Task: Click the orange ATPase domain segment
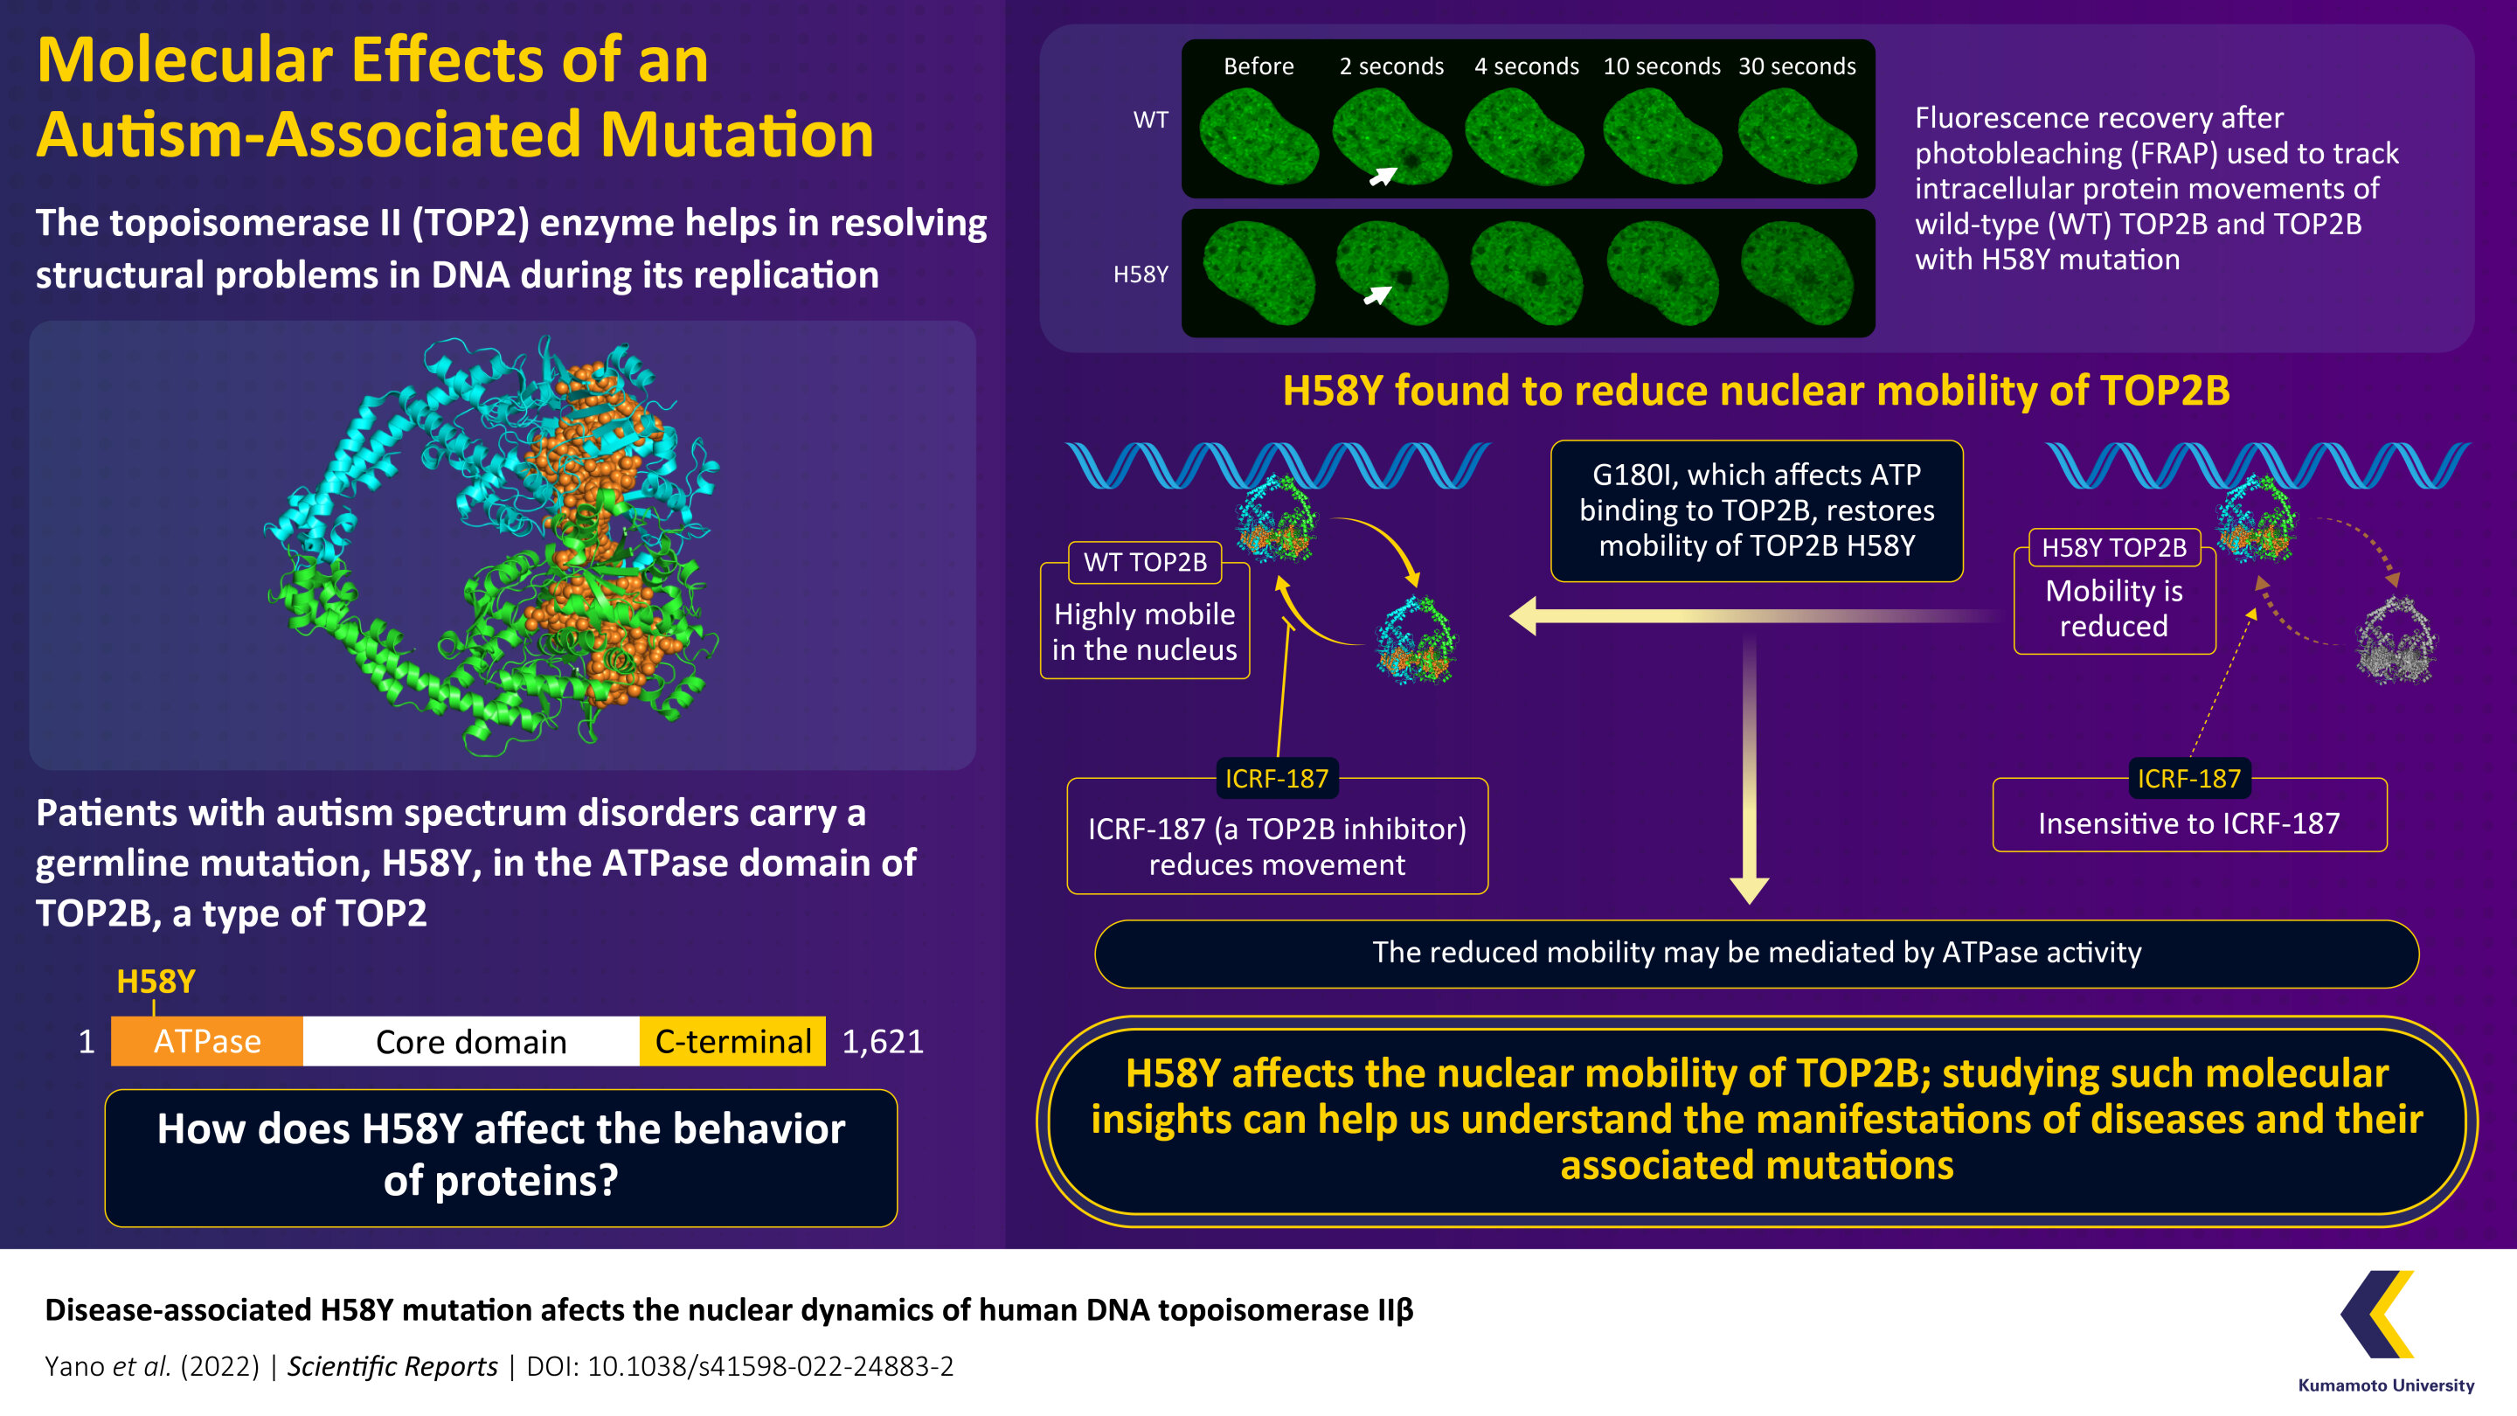coord(206,1041)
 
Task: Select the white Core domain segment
coord(471,1041)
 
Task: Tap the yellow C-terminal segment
coord(733,1041)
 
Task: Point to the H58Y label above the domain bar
coord(156,981)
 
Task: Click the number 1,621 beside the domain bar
coord(883,1042)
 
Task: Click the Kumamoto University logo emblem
coord(2378,1315)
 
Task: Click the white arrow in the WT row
coord(1383,176)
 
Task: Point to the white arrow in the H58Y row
coord(1376,295)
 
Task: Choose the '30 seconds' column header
coord(1797,66)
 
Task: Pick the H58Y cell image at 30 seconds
coord(1797,273)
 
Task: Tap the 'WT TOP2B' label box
coord(1145,562)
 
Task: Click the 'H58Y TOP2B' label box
coord(2114,547)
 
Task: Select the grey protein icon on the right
coord(2396,641)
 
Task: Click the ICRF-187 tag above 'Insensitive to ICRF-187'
coord(2188,779)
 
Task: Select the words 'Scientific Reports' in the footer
coord(392,1366)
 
